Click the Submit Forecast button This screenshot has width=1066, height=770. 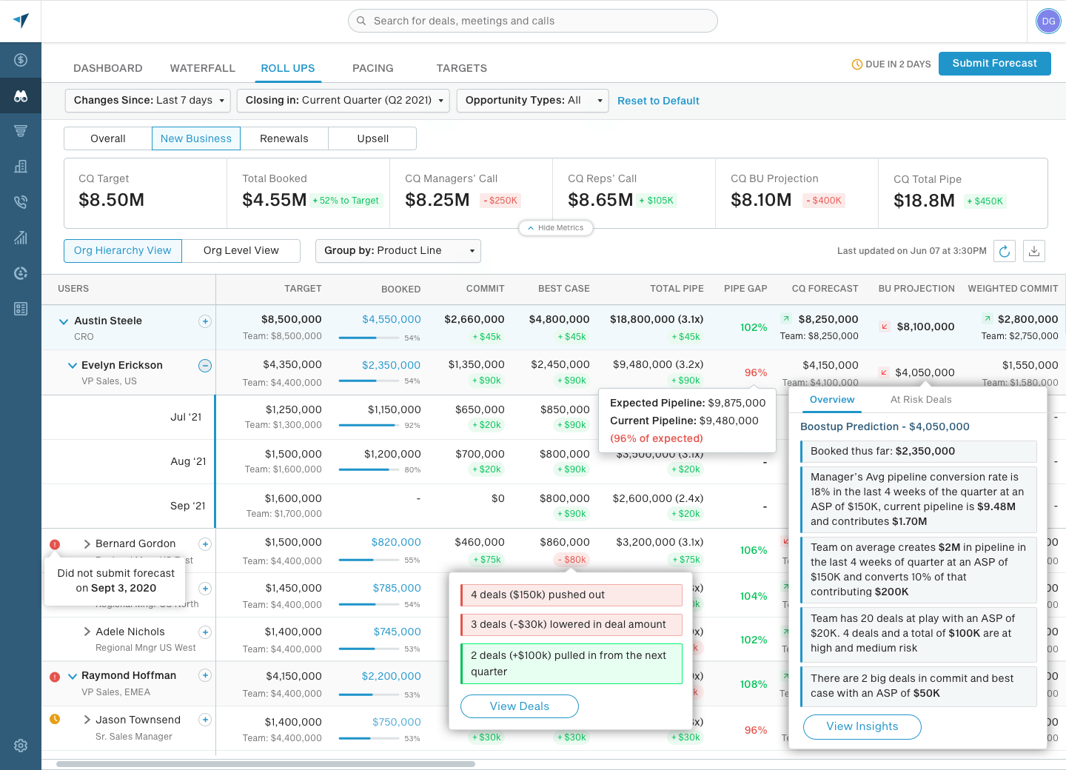(x=994, y=64)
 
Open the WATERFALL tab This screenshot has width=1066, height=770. (x=202, y=68)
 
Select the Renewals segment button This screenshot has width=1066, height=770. (x=284, y=138)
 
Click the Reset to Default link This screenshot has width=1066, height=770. (x=658, y=101)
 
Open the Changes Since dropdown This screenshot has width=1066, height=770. (x=148, y=101)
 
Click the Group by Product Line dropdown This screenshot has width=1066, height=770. (x=398, y=251)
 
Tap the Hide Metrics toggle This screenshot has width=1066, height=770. (x=555, y=228)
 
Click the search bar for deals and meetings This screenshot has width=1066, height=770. (x=533, y=21)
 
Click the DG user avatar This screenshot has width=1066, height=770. (x=1048, y=21)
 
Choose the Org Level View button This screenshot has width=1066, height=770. (x=241, y=251)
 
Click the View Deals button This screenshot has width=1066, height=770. (x=519, y=706)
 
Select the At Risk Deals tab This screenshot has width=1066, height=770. (x=920, y=400)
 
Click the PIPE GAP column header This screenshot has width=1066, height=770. (x=745, y=289)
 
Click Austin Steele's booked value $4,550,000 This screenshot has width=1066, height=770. (x=391, y=319)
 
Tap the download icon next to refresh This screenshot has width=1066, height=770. (x=1034, y=252)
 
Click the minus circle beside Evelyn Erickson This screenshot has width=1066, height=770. (x=205, y=366)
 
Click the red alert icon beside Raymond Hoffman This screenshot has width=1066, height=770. (x=55, y=677)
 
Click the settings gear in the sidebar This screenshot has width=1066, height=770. (x=21, y=746)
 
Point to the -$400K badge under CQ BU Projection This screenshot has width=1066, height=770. (x=823, y=201)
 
